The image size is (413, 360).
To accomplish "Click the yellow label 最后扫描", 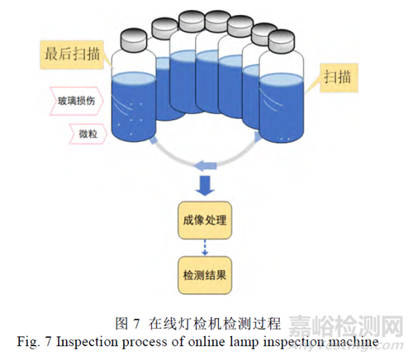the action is coord(72,54).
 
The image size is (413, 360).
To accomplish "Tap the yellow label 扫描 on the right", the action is coord(339,78).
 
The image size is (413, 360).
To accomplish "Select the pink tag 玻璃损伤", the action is coord(77,101).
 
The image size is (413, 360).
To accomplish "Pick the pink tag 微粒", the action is coord(88,134).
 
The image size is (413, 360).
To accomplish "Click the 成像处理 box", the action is coord(205,220).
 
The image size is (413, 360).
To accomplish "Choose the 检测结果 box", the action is coord(205,275).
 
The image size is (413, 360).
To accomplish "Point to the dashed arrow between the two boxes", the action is coord(205,248).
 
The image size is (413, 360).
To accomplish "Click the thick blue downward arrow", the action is coord(205,186).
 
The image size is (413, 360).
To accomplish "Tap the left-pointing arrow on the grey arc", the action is coord(205,166).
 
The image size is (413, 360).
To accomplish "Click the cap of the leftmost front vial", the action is coord(134,40).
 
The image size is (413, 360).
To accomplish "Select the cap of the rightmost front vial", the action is coord(282,41).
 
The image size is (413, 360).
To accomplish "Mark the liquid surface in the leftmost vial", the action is coord(134,78).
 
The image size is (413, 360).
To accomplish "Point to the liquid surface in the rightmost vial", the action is coord(282,79).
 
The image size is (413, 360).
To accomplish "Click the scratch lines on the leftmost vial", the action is coord(121,104).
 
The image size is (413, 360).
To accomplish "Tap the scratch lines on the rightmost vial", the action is coord(268,101).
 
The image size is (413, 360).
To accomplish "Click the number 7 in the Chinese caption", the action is coord(136,324).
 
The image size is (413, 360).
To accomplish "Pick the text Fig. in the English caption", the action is coord(28,343).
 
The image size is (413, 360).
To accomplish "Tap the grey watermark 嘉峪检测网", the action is coord(345,326).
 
